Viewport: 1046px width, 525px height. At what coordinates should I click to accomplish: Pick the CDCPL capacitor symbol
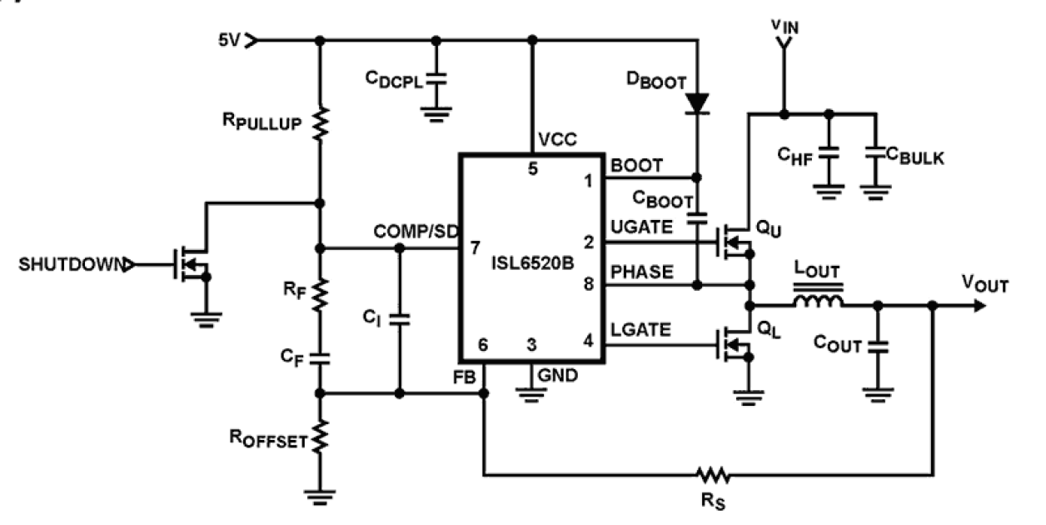(436, 79)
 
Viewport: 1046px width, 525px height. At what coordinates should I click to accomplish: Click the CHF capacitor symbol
(828, 154)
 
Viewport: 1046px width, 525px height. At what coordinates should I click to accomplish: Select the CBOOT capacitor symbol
(697, 218)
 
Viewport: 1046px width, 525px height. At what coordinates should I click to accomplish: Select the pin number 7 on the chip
(474, 248)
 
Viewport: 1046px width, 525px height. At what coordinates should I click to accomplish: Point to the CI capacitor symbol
(400, 319)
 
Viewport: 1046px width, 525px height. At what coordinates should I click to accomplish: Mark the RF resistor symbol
(320, 293)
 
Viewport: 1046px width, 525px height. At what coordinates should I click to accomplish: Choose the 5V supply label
(228, 39)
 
